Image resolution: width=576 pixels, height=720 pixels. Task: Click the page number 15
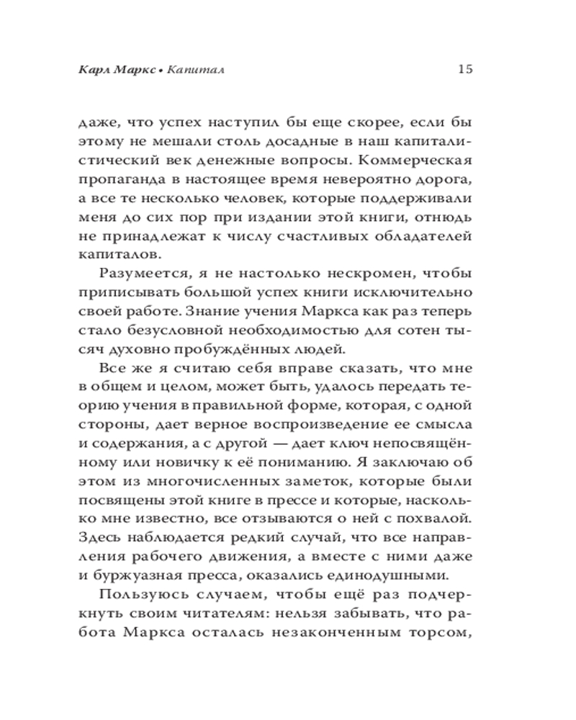pos(464,70)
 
